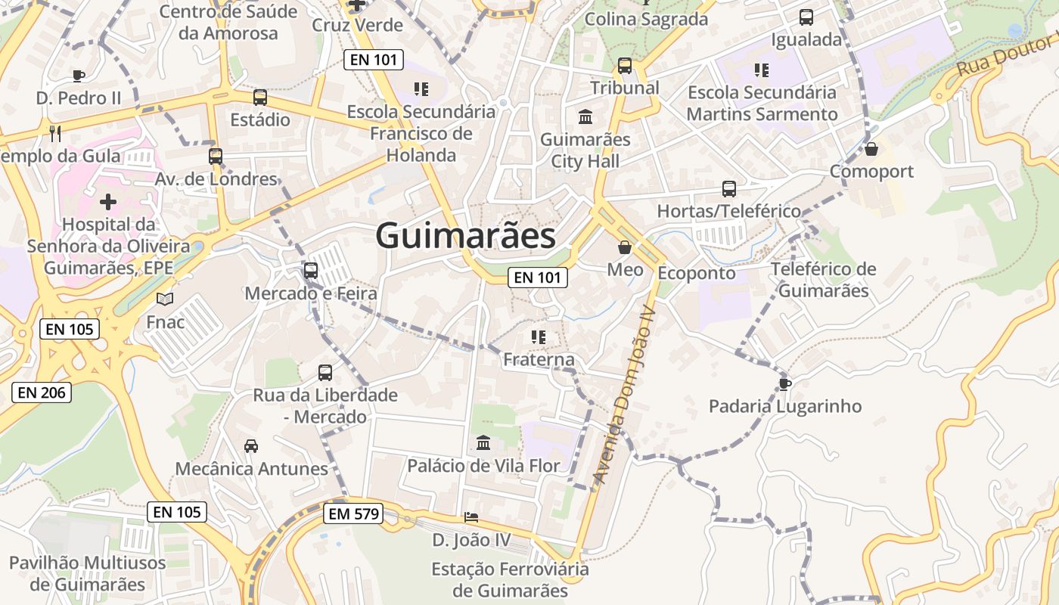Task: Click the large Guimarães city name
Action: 466,235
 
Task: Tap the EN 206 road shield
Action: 42,392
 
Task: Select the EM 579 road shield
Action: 354,514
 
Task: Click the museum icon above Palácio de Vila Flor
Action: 483,442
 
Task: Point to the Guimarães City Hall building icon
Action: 585,117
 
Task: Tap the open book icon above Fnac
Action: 165,299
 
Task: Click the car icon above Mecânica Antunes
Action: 251,446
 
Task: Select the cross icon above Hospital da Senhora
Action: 108,202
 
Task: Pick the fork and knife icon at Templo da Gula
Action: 54,133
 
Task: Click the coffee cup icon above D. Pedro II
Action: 78,75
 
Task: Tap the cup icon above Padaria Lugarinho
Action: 784,383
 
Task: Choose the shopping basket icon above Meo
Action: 625,247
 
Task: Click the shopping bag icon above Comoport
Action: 871,149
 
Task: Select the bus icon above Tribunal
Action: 625,66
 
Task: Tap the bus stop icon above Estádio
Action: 260,97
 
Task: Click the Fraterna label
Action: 539,360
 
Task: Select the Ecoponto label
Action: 696,273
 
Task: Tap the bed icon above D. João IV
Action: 471,517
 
